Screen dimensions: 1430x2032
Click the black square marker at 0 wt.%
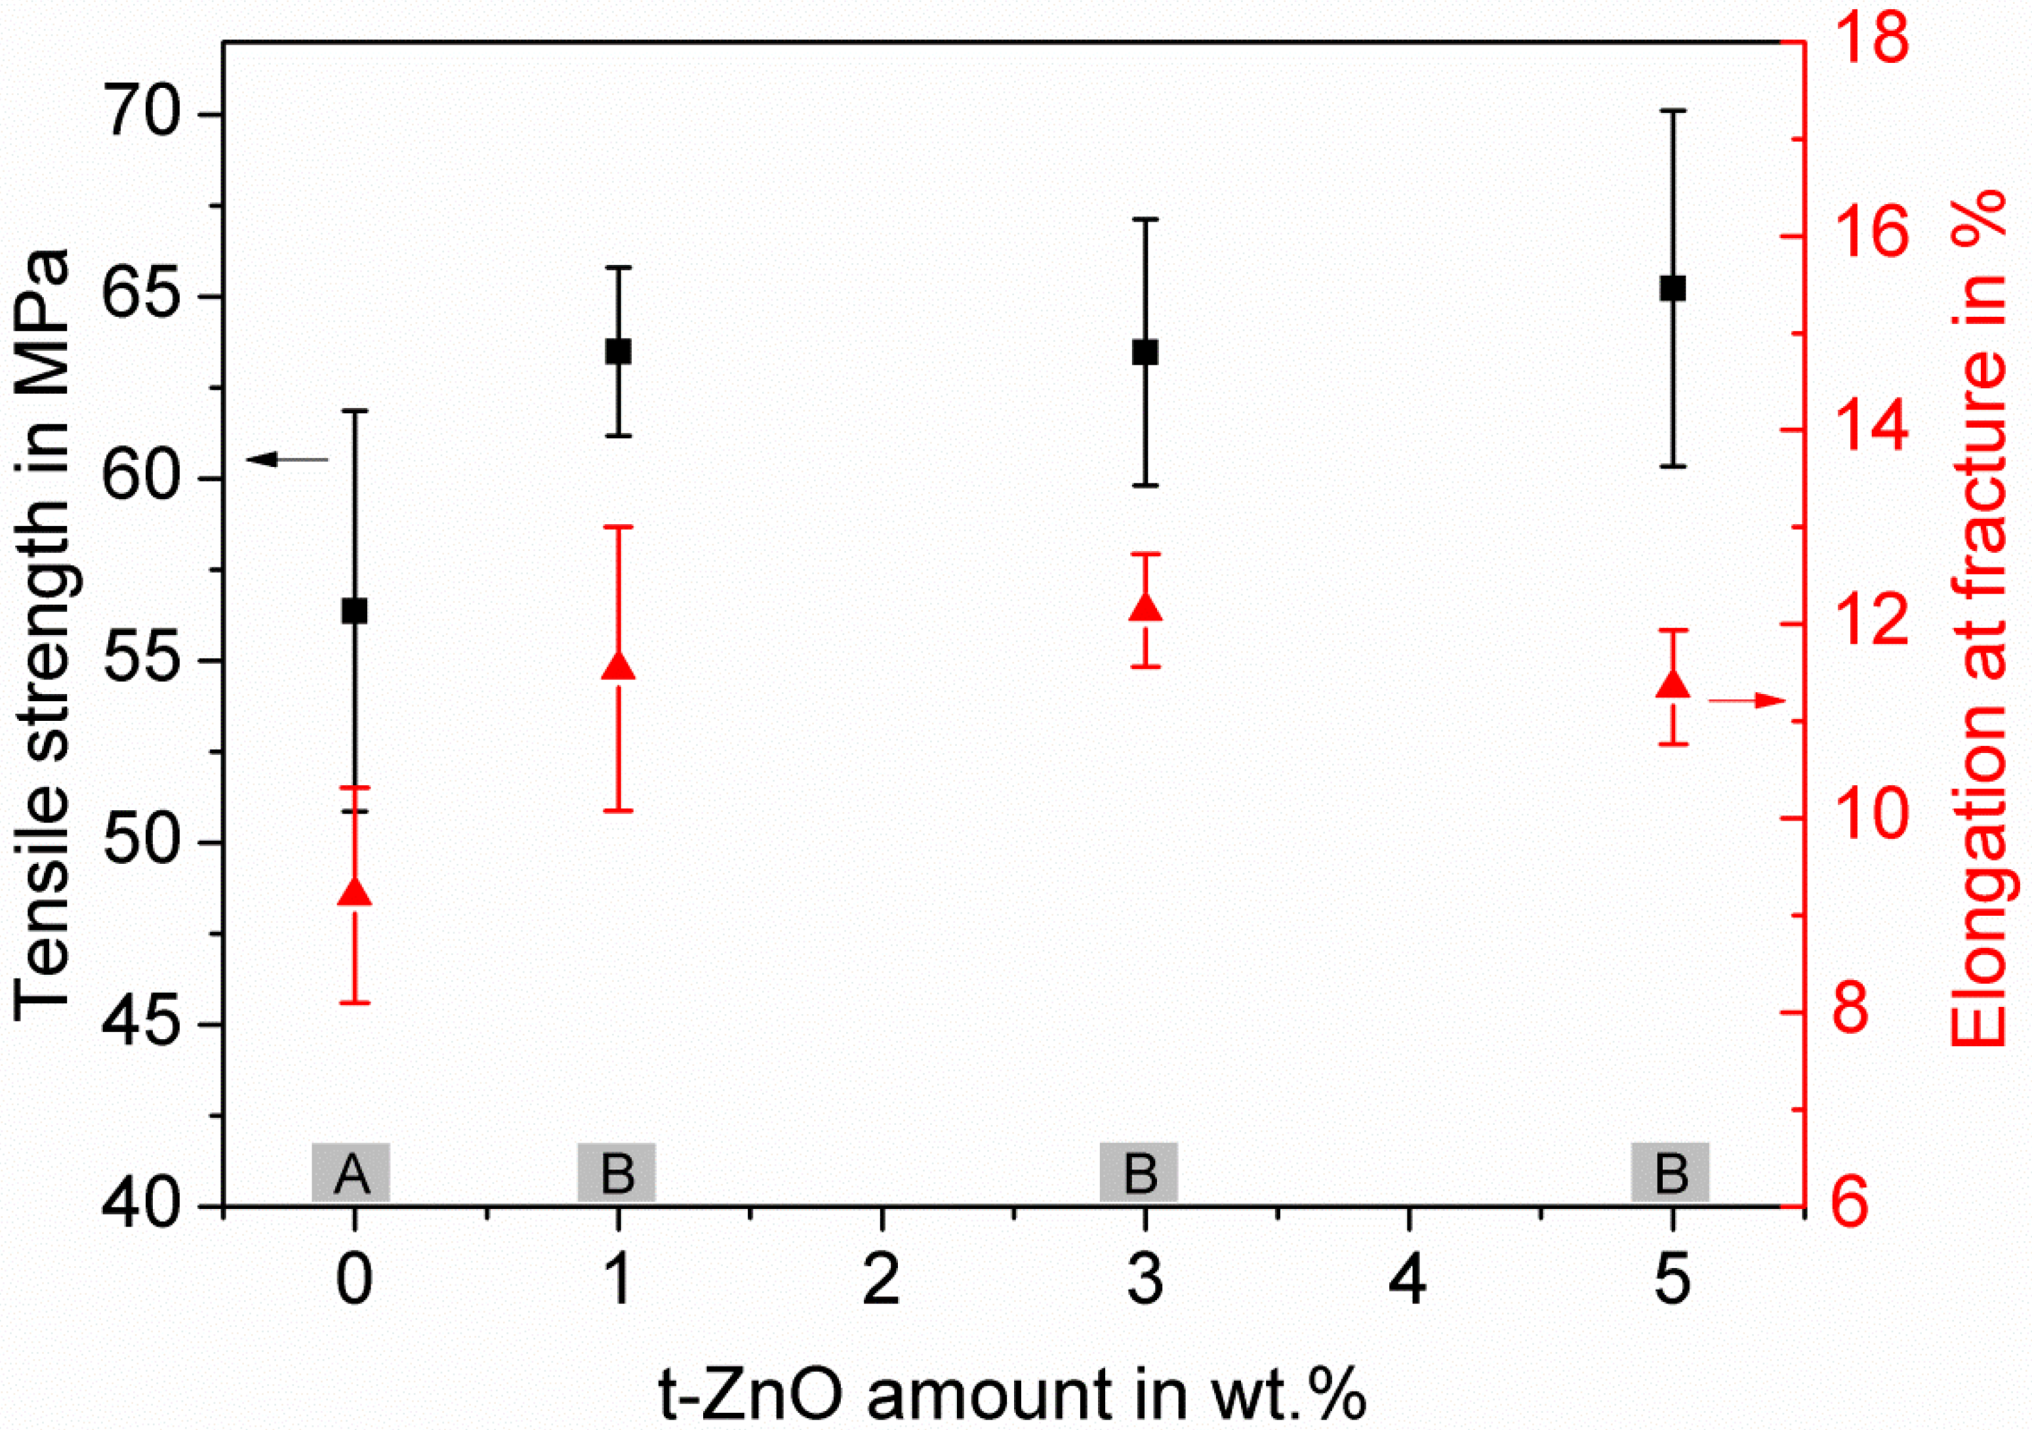click(x=354, y=611)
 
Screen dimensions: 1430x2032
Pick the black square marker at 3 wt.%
click(x=1145, y=352)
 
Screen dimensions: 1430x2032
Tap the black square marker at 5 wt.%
click(x=1673, y=289)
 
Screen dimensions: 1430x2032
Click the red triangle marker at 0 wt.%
click(x=354, y=893)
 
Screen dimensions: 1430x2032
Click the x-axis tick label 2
click(x=882, y=1281)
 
